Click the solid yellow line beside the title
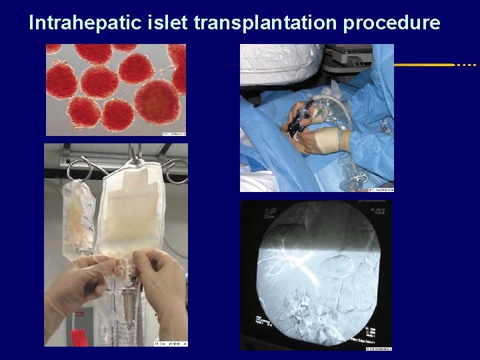pyautogui.click(x=424, y=65)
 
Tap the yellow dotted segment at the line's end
pyautogui.click(x=465, y=65)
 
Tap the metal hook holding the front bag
pyautogui.click(x=137, y=155)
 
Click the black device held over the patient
pyautogui.click(x=299, y=123)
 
